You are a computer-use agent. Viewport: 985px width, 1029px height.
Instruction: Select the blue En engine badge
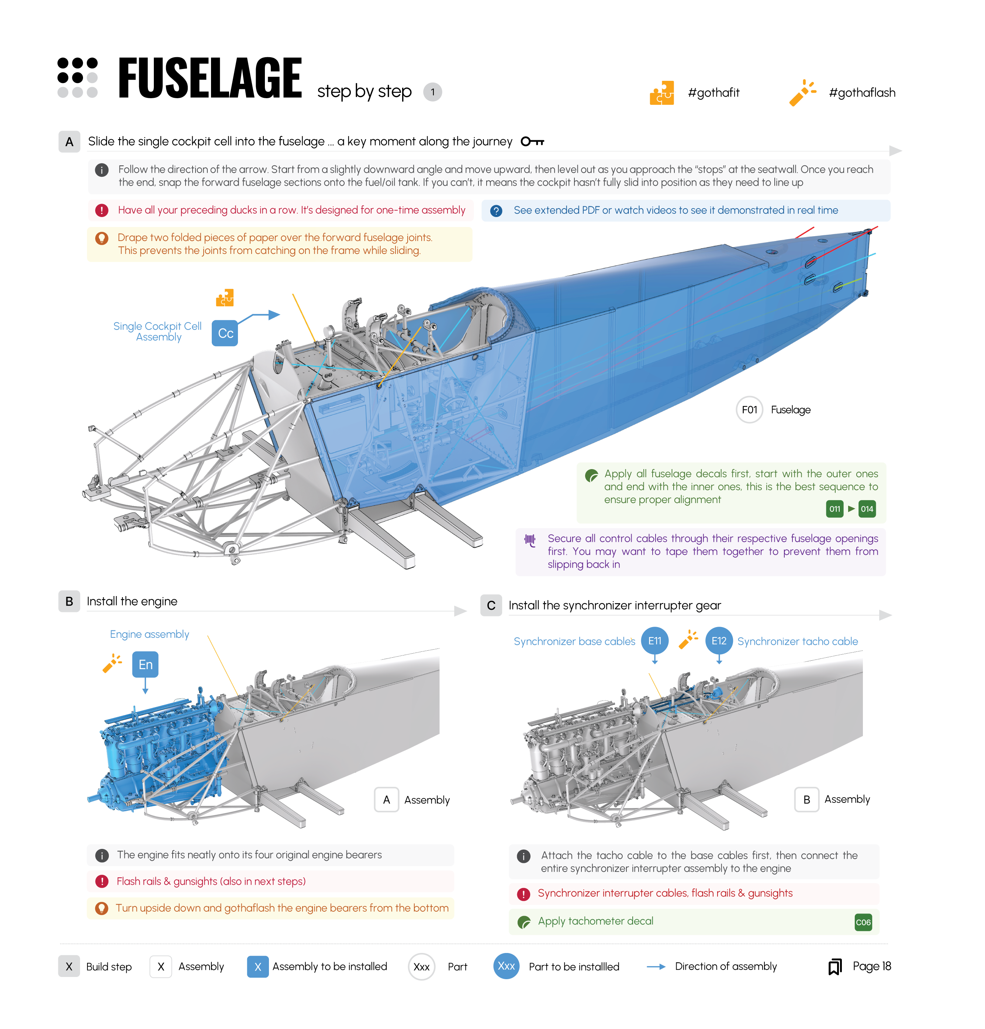(x=145, y=664)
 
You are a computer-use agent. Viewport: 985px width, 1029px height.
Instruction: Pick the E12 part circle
(x=718, y=640)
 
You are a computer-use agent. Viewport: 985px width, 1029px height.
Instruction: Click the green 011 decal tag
(x=834, y=509)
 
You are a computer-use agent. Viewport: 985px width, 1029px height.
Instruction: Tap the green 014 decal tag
(x=867, y=509)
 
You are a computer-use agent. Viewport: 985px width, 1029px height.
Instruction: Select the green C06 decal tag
(x=862, y=922)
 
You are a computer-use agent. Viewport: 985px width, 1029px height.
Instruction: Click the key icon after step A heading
(x=532, y=141)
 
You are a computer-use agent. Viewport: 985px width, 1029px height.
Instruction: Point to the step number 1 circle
(x=432, y=92)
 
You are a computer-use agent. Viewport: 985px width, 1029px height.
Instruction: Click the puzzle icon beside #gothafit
(x=661, y=93)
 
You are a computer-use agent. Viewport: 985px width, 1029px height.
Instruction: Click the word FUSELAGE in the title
(x=210, y=79)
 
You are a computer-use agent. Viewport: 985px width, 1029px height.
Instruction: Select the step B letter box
(x=69, y=601)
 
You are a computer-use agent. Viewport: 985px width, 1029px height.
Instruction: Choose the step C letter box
(x=491, y=605)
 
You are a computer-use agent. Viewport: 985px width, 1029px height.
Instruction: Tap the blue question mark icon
(x=495, y=210)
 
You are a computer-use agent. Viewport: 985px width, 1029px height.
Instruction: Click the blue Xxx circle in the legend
(x=506, y=966)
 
